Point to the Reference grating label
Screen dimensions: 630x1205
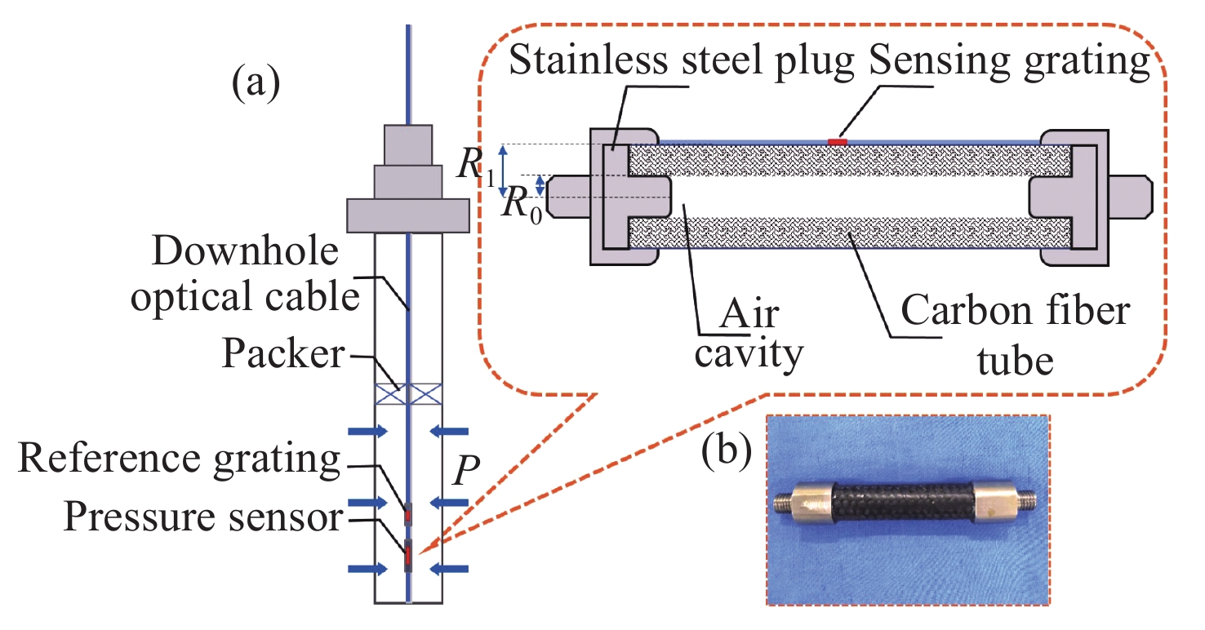click(x=178, y=459)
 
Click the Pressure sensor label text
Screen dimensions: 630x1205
click(x=202, y=517)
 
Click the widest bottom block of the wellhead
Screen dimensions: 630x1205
click(x=407, y=215)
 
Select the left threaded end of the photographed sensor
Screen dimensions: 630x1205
click(x=785, y=502)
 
